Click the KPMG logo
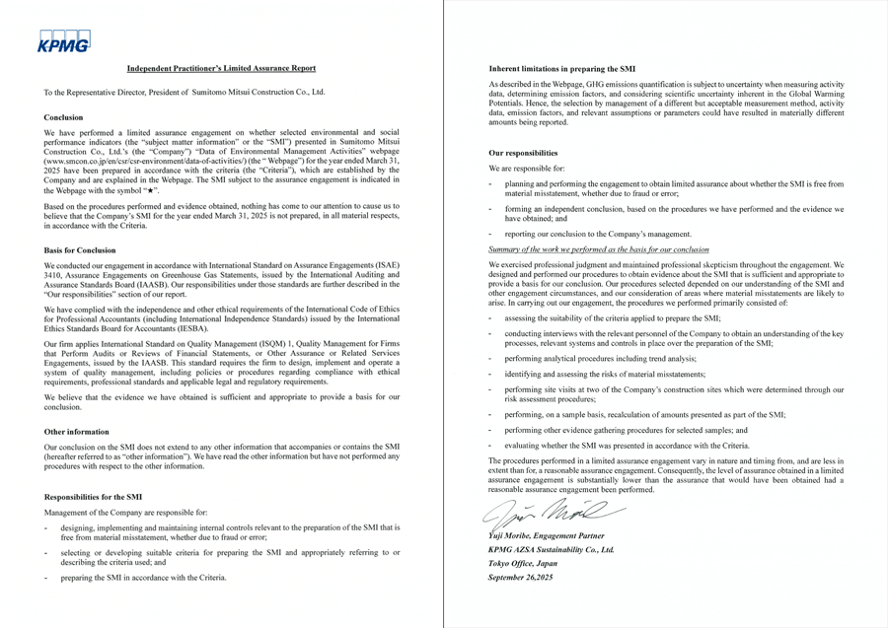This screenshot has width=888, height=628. [x=64, y=40]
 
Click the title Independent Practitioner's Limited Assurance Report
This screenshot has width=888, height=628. [x=221, y=68]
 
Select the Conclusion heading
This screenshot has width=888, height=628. [x=64, y=117]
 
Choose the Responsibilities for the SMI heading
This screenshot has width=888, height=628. [x=94, y=498]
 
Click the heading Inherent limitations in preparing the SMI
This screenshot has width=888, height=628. [x=561, y=68]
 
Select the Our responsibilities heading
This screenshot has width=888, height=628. [x=523, y=153]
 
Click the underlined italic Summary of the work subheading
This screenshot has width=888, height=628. [x=598, y=249]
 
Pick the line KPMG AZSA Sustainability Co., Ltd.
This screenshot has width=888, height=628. [x=552, y=548]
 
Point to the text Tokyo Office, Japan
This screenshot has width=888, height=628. [x=523, y=562]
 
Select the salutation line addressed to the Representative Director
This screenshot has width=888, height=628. [x=185, y=93]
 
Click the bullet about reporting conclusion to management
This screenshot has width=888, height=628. [x=597, y=234]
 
